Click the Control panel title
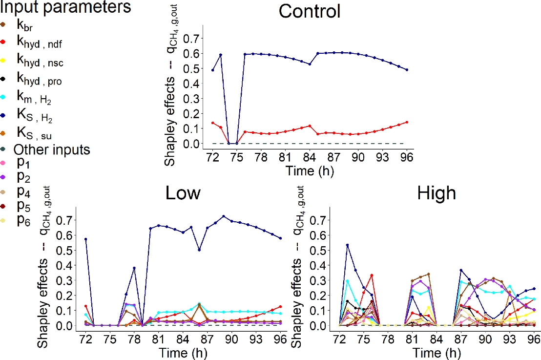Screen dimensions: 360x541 point(309,11)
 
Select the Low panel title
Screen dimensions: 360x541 point(183,193)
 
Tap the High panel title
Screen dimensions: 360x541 point(437,193)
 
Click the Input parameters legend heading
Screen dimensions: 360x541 point(66,7)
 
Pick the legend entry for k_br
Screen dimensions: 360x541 point(25,25)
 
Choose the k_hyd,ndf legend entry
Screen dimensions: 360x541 point(39,44)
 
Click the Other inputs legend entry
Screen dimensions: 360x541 point(51,149)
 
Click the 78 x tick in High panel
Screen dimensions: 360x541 point(388,339)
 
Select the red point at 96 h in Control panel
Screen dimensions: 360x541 point(407,122)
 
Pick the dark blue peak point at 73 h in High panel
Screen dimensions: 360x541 point(348,245)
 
